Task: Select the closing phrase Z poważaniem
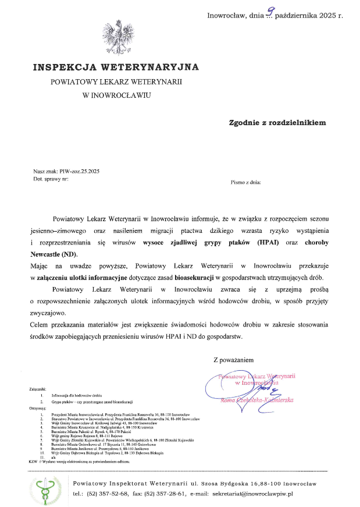[x=234, y=360]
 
